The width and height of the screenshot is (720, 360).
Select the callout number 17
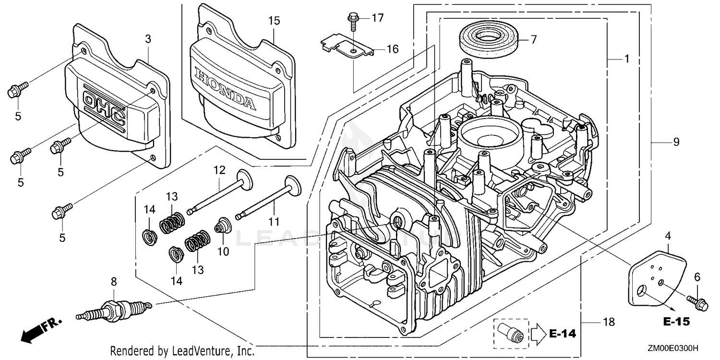(x=378, y=18)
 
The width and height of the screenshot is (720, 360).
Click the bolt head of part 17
(x=353, y=15)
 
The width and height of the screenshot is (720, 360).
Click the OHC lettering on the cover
(x=104, y=109)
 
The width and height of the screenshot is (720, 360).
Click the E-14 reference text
(x=563, y=334)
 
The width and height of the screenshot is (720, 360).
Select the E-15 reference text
(x=677, y=322)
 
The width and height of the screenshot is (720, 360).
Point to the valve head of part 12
(x=245, y=180)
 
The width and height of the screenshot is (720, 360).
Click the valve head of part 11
(x=293, y=186)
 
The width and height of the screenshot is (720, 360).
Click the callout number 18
(x=609, y=322)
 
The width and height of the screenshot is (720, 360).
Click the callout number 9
(x=676, y=142)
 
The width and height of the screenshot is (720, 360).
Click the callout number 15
(x=274, y=21)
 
